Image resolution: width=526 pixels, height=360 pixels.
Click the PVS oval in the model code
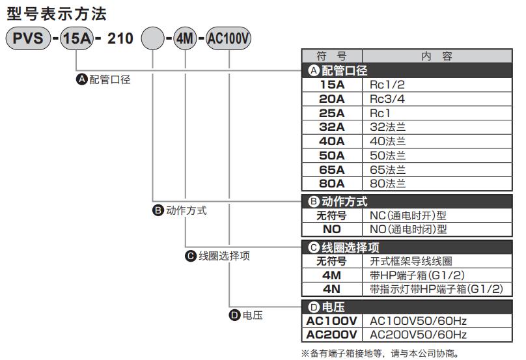(x=28, y=38)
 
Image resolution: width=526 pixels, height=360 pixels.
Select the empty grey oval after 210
(x=152, y=38)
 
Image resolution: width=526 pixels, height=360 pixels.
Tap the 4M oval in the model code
(x=185, y=38)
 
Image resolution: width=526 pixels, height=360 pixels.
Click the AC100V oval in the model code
(x=228, y=38)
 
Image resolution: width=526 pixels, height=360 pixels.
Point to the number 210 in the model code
(x=120, y=38)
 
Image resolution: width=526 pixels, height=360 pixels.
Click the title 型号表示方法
(x=57, y=14)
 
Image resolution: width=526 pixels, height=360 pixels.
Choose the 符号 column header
(x=332, y=56)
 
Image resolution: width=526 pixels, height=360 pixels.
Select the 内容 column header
(x=437, y=56)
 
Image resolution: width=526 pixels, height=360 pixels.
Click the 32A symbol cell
(x=332, y=127)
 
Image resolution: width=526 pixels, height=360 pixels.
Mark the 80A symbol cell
(x=332, y=184)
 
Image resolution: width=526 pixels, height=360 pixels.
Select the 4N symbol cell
(x=332, y=289)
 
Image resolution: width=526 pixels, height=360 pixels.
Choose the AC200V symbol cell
(x=332, y=335)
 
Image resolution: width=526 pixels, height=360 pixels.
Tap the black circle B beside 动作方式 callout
(x=158, y=210)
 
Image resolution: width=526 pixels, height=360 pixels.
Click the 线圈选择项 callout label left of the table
(x=224, y=256)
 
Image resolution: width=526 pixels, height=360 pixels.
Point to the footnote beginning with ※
(x=380, y=353)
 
